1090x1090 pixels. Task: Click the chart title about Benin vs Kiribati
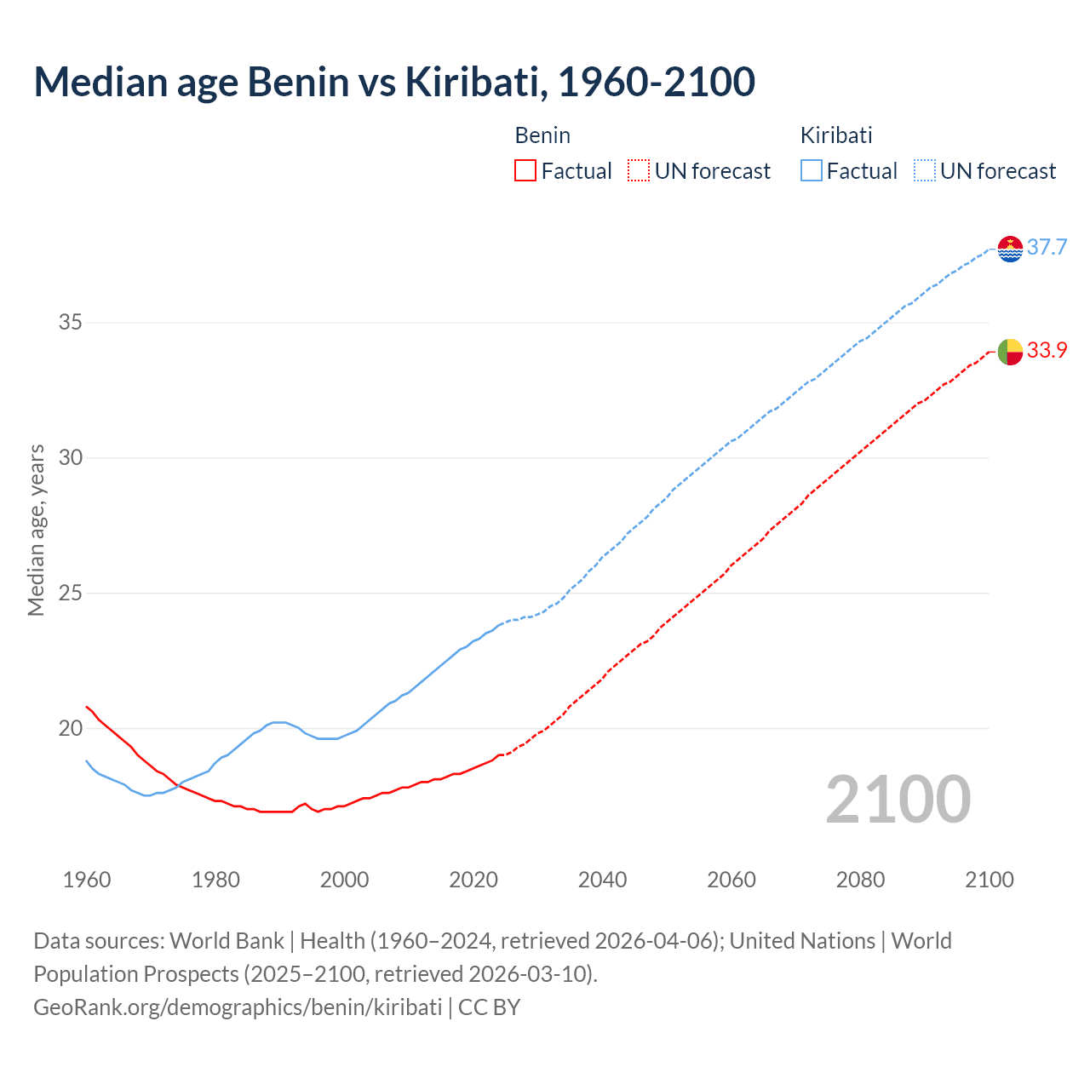coord(394,82)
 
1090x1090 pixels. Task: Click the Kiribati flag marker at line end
coord(1010,249)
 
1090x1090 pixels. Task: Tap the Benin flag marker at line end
coord(1010,351)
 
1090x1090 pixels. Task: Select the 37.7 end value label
coord(1047,248)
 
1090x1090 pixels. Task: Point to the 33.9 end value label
coord(1047,351)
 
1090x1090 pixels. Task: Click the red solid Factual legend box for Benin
coord(525,171)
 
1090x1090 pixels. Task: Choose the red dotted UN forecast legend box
coord(639,171)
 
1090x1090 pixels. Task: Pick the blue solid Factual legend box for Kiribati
coord(812,171)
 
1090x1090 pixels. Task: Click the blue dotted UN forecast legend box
coord(925,171)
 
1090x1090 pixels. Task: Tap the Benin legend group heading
coord(542,135)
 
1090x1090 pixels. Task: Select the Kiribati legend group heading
coord(836,135)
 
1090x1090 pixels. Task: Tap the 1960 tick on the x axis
coord(87,880)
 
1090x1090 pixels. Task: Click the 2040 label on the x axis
coord(603,880)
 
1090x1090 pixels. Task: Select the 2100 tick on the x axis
coord(990,880)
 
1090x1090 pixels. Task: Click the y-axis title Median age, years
coord(36,530)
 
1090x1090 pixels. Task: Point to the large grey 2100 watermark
coord(898,800)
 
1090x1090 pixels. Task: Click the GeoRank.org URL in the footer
coord(238,1007)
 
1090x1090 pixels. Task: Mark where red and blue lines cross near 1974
coord(178,785)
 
